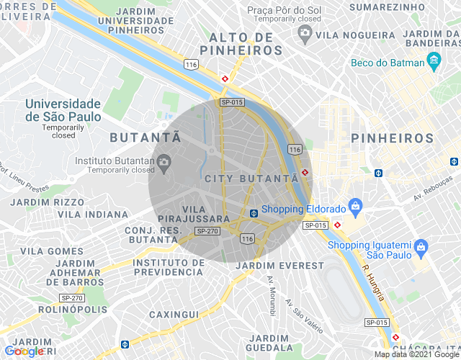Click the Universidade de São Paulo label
tap(63, 110)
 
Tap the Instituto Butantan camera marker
tap(164, 161)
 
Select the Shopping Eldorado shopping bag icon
tap(355, 208)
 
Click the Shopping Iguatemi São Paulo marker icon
tap(422, 250)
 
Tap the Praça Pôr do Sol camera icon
tap(305, 33)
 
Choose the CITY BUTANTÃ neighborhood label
tap(251, 178)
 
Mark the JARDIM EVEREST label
tap(280, 266)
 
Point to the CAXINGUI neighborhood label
tap(174, 315)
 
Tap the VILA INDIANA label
tap(93, 214)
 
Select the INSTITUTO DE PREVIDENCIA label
tap(169, 267)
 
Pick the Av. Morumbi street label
tap(272, 295)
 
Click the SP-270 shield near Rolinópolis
tap(72, 297)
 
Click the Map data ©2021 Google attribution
tap(416, 354)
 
